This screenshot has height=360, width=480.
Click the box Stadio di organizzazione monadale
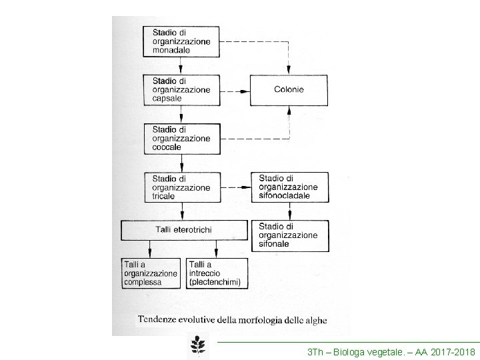(x=181, y=41)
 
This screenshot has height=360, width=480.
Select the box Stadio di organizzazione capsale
(x=181, y=89)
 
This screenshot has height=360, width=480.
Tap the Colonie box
(x=289, y=89)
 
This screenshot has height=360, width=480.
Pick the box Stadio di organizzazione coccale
(x=181, y=138)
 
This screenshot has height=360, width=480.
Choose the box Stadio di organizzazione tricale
(x=181, y=187)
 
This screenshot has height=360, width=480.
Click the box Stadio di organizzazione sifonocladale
(x=289, y=187)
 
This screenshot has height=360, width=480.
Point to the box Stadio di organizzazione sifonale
(x=289, y=235)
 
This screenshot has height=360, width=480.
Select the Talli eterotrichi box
(x=184, y=230)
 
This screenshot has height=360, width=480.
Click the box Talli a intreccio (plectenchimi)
(x=216, y=273)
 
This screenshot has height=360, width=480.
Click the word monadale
(x=171, y=49)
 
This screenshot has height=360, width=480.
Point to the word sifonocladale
(x=288, y=196)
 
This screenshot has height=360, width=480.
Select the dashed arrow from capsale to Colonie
(x=231, y=90)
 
